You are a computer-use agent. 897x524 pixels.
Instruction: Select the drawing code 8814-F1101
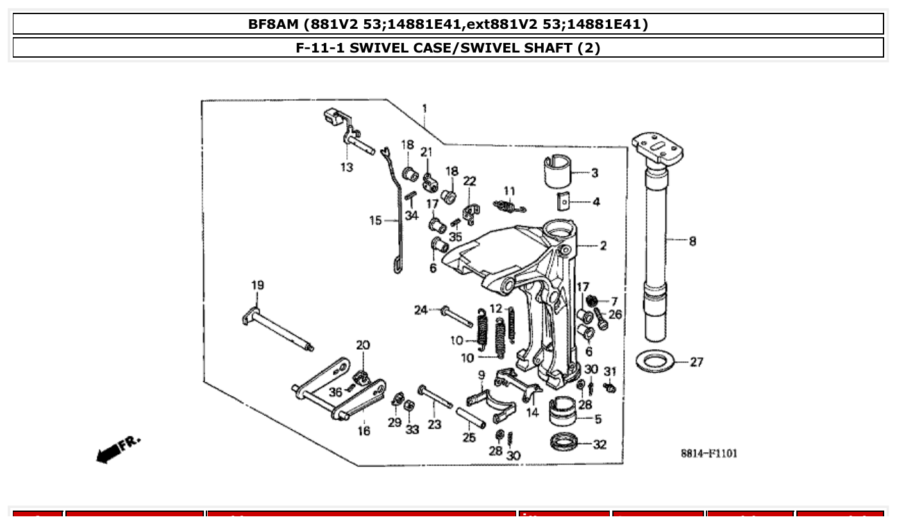coord(708,454)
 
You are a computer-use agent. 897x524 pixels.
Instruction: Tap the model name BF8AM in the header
coord(274,24)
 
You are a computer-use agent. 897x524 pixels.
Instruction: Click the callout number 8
coord(692,242)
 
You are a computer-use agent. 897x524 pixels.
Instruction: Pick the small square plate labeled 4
coord(562,202)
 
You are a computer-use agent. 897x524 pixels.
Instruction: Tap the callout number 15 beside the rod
coord(376,221)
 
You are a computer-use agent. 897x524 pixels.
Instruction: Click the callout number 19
coord(257,285)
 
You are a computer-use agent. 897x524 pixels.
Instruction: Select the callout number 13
coord(346,168)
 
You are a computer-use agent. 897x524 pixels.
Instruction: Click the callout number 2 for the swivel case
coord(603,245)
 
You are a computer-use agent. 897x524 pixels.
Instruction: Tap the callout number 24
coord(421,311)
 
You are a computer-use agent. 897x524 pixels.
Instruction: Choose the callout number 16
coord(364,431)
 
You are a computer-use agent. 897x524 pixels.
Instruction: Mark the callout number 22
coord(470,181)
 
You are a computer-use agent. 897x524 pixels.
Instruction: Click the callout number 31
coord(610,371)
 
